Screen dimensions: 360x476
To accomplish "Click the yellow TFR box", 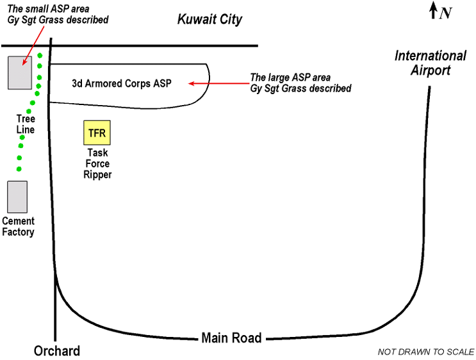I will coord(97,133).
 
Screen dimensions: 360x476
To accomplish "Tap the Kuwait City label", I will coord(209,20).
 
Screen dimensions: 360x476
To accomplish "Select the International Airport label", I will coord(430,63).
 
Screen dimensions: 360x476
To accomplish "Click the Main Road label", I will coord(231,338).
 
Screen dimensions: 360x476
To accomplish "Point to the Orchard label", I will coord(57,351).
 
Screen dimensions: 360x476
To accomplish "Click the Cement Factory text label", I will coord(18,227).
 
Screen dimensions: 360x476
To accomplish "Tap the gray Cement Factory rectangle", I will coord(17,197).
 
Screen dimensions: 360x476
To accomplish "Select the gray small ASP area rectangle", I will coord(19,72).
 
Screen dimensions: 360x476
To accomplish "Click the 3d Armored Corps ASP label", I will coord(122,83).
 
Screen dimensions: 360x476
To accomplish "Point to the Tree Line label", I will coord(26,124).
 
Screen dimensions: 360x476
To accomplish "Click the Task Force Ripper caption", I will coord(97,164).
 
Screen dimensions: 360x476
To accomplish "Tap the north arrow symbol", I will coord(433,10).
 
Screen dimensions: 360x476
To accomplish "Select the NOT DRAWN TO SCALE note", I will coord(426,352).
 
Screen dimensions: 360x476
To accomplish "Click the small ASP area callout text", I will coord(57,14).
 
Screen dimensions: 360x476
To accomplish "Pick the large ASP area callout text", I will coord(301,83).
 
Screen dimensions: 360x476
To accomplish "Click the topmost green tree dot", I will coord(40,56).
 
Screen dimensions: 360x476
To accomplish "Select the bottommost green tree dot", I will coord(19,169).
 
